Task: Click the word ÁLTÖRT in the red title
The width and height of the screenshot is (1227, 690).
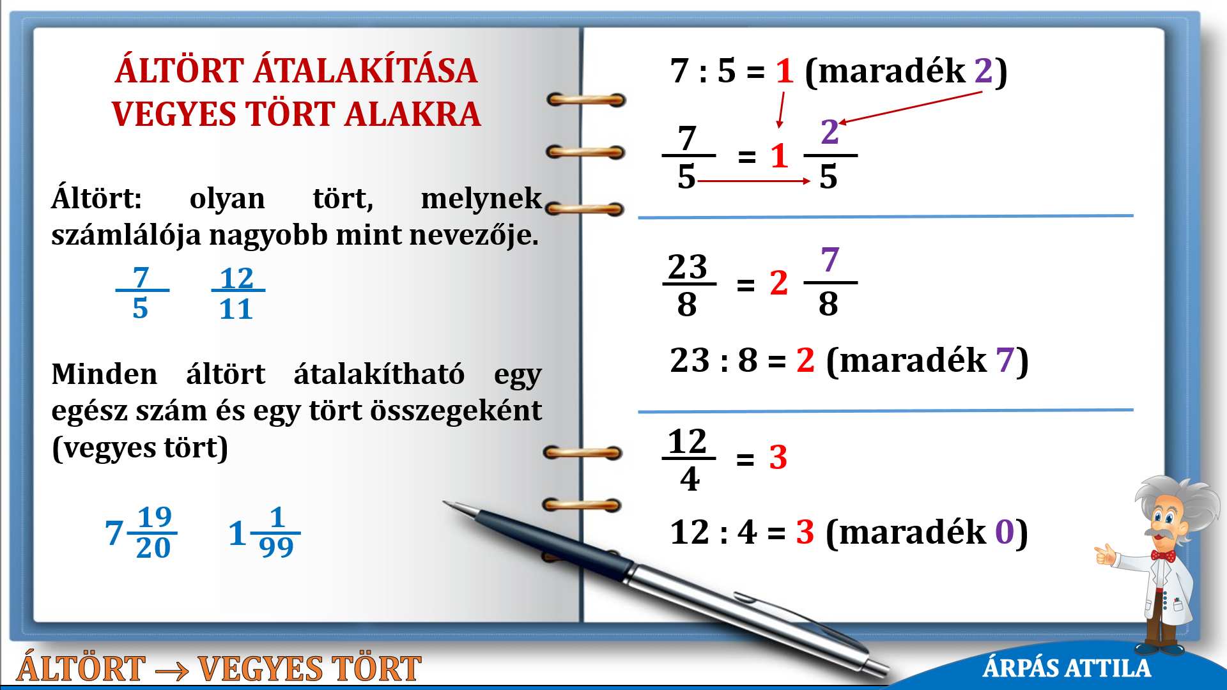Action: tap(180, 70)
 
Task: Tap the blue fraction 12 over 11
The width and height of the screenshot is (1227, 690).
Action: tap(237, 293)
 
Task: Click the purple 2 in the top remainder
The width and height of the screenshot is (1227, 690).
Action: tap(984, 70)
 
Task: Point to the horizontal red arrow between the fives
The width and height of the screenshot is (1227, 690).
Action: tap(754, 181)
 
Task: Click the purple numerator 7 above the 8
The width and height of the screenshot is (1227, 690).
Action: tap(830, 261)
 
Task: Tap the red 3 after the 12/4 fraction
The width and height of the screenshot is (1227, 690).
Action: tap(778, 457)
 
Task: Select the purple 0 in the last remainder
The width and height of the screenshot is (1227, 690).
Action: tap(1005, 532)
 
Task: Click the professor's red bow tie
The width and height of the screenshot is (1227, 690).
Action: tap(1163, 555)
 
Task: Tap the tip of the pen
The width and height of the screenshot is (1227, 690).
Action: tap(445, 502)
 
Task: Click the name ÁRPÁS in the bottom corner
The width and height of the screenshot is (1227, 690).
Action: tap(1021, 668)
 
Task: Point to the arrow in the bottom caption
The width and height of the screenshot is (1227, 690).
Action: tap(171, 670)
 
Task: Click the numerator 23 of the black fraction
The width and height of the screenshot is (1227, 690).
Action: tap(688, 266)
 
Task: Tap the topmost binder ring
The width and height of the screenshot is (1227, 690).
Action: tap(586, 100)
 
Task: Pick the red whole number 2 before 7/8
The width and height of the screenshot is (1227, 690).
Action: tap(778, 283)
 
